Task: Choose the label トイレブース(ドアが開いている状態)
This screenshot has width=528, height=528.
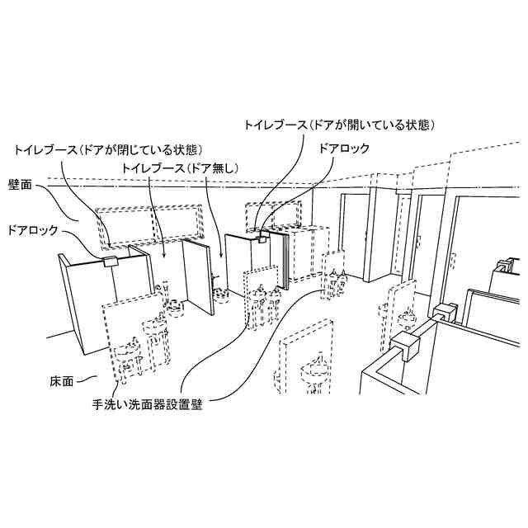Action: pyautogui.click(x=338, y=125)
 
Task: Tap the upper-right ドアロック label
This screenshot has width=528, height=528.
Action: pyautogui.click(x=343, y=149)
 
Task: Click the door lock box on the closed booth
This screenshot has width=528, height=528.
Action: pyautogui.click(x=111, y=262)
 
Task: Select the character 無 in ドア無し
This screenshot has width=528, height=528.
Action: pyautogui.click(x=215, y=167)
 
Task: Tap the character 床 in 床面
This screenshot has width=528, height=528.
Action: pyautogui.click(x=55, y=382)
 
